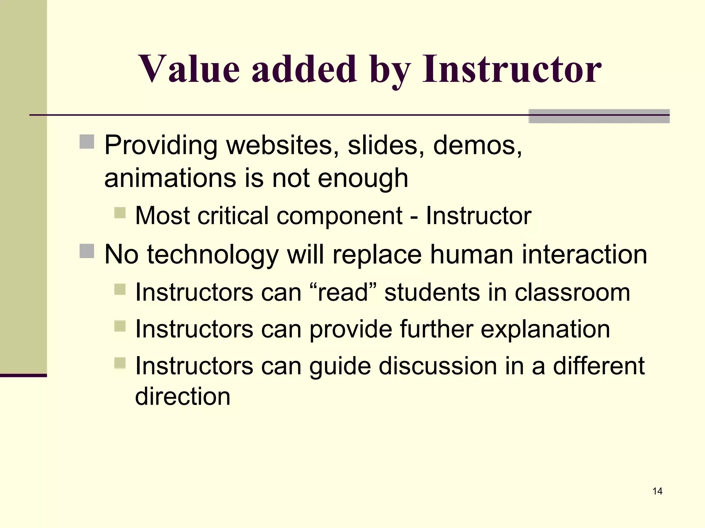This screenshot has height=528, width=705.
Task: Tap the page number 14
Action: click(657, 491)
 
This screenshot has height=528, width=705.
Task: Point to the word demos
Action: click(477, 145)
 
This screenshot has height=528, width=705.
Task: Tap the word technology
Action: click(212, 255)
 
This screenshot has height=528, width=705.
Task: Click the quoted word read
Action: click(343, 293)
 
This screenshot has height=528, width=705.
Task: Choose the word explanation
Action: click(545, 329)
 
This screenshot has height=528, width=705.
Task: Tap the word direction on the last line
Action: click(182, 396)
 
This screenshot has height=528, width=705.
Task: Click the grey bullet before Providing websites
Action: click(87, 142)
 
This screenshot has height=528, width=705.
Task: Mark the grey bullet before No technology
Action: click(87, 251)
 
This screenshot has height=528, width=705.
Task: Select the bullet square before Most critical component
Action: click(120, 213)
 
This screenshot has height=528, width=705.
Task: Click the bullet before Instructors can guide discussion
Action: click(120, 363)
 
